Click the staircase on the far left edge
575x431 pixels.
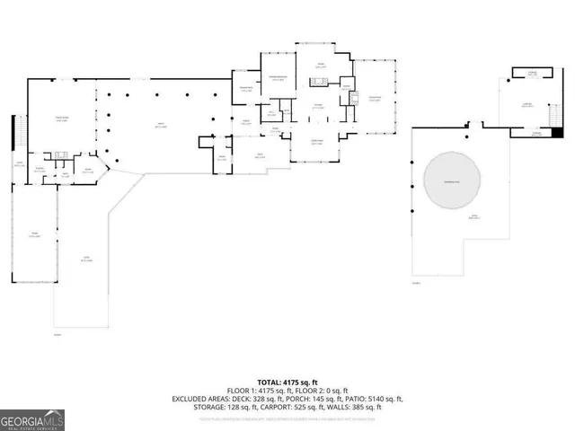pos(13,136)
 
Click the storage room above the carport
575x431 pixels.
pos(533,72)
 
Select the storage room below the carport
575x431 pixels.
pos(535,133)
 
